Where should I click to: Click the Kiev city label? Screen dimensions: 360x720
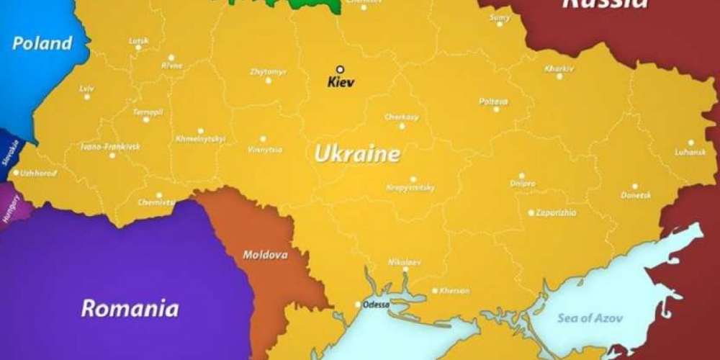(x=341, y=82)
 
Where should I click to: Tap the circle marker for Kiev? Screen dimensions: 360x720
(x=341, y=70)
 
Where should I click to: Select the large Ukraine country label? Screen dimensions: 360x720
(x=357, y=154)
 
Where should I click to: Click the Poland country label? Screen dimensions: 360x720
(x=42, y=43)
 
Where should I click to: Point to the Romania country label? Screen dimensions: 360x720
(x=130, y=309)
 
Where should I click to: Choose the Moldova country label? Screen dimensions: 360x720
(x=265, y=255)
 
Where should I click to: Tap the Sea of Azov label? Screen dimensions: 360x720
(x=590, y=318)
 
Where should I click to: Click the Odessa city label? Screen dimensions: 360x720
(x=377, y=305)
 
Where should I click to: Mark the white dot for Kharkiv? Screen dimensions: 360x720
(x=559, y=76)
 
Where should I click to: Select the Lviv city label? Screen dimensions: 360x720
(x=86, y=89)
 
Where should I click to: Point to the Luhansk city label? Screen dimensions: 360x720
(x=689, y=153)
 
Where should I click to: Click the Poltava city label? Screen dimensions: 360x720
(x=493, y=101)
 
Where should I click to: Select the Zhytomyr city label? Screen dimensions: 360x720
(x=268, y=71)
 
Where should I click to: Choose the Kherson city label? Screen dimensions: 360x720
(x=454, y=291)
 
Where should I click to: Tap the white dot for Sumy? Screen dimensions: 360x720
(x=499, y=24)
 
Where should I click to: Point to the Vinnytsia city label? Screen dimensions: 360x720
(x=264, y=150)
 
